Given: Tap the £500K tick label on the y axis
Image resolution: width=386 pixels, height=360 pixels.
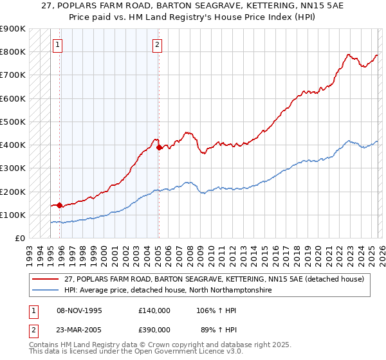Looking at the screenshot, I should [13, 122].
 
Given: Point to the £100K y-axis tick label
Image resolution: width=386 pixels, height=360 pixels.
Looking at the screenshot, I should [13, 215].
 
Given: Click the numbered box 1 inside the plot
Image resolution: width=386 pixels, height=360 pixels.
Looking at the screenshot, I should [58, 45].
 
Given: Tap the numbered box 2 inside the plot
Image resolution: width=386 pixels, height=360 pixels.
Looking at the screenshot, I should [156, 45].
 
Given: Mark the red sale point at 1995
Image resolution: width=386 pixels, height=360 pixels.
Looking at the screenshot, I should [60, 206].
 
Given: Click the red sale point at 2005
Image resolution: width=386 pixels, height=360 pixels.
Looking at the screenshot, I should [160, 147].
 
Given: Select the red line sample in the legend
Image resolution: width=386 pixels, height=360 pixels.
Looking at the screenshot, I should [46, 279].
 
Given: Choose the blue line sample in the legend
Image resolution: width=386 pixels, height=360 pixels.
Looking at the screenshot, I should [46, 290].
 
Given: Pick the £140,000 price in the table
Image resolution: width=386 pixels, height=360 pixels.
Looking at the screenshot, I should [154, 310].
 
